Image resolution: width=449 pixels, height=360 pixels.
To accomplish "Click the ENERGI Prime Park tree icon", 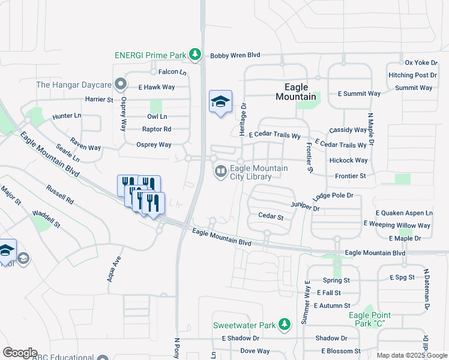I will [x=194, y=55].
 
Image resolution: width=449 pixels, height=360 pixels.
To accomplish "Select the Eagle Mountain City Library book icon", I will [x=221, y=172].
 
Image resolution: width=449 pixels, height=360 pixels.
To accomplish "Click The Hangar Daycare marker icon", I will [x=121, y=85].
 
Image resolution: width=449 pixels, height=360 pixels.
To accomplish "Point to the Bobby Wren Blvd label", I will [x=235, y=55].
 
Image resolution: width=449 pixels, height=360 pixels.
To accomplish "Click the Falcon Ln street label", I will [x=173, y=72].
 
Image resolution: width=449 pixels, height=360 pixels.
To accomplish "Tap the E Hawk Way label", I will [x=156, y=87].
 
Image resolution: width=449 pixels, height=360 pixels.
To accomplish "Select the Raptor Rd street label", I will [x=157, y=129].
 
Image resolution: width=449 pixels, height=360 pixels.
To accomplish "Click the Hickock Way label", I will [x=348, y=161].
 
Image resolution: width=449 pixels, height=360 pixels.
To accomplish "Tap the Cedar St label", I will [x=270, y=216].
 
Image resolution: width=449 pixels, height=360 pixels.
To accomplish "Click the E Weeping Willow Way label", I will [x=397, y=226].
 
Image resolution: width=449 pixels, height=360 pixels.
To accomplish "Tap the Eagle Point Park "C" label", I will [x=370, y=319].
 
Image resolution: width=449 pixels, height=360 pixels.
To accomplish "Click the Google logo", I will [x=20, y=353].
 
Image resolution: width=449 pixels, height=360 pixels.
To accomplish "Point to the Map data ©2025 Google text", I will [x=411, y=355].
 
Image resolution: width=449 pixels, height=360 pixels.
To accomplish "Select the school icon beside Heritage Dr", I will [x=220, y=102].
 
